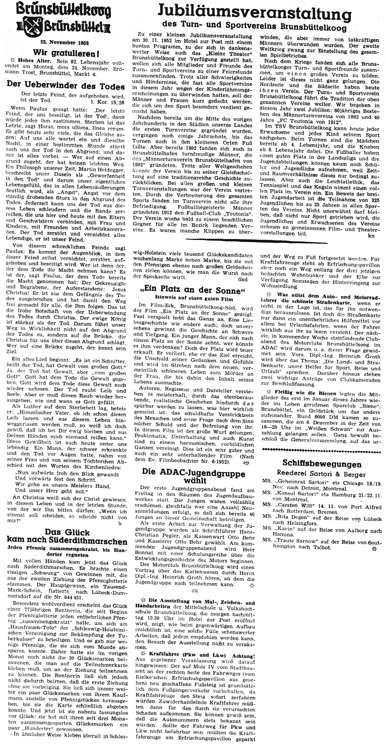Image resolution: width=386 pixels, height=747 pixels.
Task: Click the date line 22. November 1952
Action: [61, 43]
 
